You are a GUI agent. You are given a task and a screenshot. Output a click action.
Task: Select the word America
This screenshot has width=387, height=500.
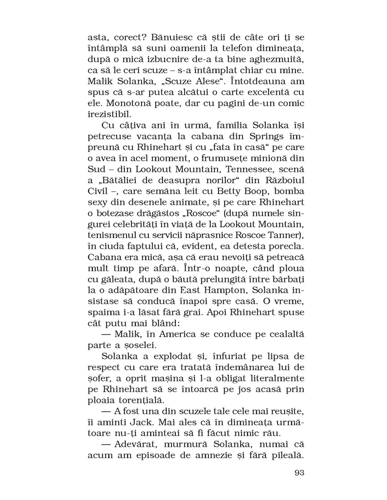point(175,334)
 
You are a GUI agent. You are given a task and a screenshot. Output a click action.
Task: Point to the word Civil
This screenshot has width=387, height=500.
point(98,191)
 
